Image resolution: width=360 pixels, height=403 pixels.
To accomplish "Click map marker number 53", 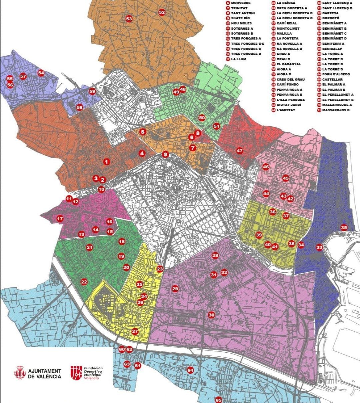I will [x=129, y=19].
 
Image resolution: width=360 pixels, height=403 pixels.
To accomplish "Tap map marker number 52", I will [x=162, y=12].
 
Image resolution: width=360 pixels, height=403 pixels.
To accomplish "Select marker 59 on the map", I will [x=92, y=91].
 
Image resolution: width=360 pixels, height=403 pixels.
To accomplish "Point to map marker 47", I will [x=240, y=151].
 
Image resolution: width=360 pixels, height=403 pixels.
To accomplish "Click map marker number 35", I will [x=344, y=228].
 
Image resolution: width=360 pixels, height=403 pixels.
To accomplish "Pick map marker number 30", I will [x=211, y=315].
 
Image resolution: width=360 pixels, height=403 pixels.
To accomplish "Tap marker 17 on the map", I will [x=60, y=219].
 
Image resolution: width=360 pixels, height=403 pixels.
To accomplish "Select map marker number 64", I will [x=190, y=370].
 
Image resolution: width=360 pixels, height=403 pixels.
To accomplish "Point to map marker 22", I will [x=84, y=282].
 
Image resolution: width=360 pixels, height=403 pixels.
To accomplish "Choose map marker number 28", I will [x=215, y=256].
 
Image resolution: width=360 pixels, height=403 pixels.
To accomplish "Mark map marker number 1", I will [x=106, y=162].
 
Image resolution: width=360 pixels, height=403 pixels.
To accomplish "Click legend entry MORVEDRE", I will [x=238, y=3].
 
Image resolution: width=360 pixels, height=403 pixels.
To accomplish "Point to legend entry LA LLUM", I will [x=236, y=59].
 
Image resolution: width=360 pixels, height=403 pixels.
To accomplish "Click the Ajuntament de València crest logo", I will [x=21, y=373].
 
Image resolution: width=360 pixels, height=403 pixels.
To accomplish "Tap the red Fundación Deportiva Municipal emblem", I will [x=76, y=373].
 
